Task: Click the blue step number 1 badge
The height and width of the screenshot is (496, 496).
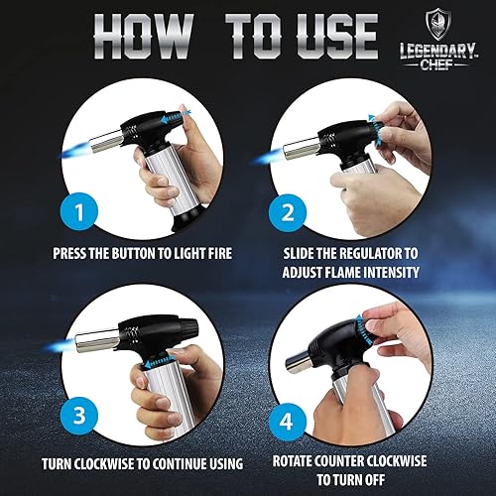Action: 79,211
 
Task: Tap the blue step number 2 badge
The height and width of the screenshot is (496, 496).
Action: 288,213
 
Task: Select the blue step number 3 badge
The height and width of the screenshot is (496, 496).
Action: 79,415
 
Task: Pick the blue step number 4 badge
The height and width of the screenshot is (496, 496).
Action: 287,422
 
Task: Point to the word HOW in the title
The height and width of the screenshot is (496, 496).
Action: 143,37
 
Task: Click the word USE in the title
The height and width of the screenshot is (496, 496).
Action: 336,37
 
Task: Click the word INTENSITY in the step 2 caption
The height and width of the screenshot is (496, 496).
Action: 391,273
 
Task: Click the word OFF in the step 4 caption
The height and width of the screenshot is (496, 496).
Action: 373,480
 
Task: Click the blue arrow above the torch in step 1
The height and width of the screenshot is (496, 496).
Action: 175,118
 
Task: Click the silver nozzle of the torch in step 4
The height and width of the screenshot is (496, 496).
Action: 300,363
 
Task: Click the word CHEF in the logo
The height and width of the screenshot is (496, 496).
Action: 436,64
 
